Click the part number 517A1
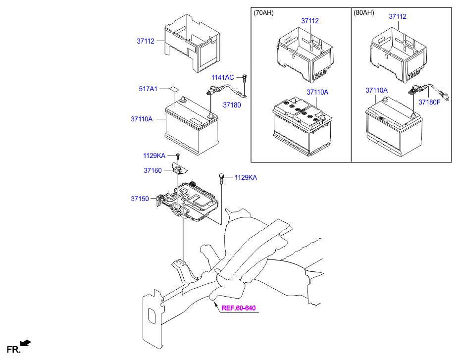[148, 89]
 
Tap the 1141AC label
[222, 78]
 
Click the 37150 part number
[140, 199]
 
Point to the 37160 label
[153, 170]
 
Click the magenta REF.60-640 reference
[238, 308]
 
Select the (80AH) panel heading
[365, 13]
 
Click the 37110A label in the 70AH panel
[317, 92]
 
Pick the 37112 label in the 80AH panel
[397, 17]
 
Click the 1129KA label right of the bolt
[246, 178]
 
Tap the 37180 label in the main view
[231, 105]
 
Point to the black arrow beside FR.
[26, 342]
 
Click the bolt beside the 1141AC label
[245, 77]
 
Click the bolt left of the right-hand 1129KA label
[221, 177]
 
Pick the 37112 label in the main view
[146, 42]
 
